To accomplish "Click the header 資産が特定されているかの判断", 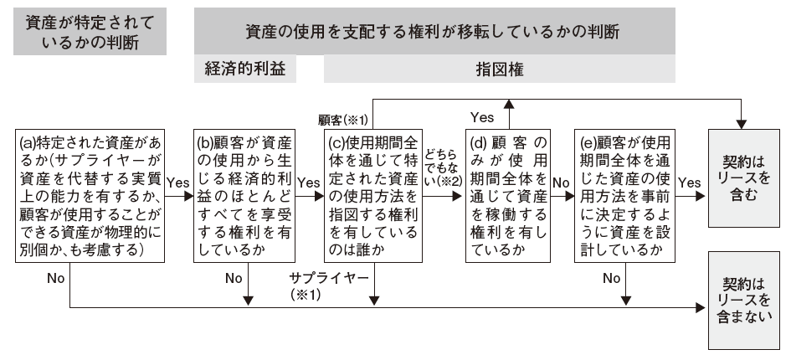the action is pyautogui.click(x=90, y=31).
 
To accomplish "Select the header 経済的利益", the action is pyautogui.click(x=245, y=69).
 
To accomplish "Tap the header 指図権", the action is pyautogui.click(x=500, y=69).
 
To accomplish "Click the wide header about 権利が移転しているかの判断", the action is pyautogui.click(x=434, y=31).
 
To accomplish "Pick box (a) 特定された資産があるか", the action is pyautogui.click(x=90, y=196).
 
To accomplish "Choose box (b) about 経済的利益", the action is pyautogui.click(x=244, y=196).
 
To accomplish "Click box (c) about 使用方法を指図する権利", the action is pyautogui.click(x=373, y=196).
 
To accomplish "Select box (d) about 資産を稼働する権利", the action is pyautogui.click(x=508, y=196).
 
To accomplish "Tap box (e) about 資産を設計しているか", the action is pyautogui.click(x=625, y=196).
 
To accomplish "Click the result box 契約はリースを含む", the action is pyautogui.click(x=743, y=178).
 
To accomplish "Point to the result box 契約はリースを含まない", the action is pyautogui.click(x=743, y=301).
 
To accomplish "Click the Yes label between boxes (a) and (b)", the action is pyautogui.click(x=178, y=183).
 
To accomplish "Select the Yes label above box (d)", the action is pyautogui.click(x=482, y=117).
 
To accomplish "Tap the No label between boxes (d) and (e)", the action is pyautogui.click(x=561, y=183).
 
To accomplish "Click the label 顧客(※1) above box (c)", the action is pyautogui.click(x=343, y=121).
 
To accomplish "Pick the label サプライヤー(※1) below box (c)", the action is pyautogui.click(x=329, y=285).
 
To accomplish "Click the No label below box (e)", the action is pyautogui.click(x=611, y=278).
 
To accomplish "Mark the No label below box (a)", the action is pyautogui.click(x=55, y=278).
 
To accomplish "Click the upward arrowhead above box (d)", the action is pyautogui.click(x=509, y=105).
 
